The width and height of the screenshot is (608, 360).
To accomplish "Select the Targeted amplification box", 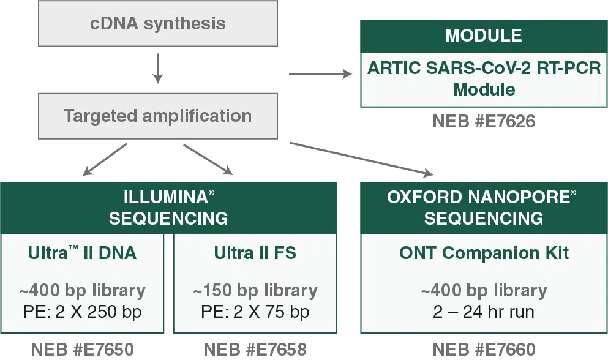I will pos(157,116).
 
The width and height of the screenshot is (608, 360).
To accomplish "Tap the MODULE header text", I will pos(483,36).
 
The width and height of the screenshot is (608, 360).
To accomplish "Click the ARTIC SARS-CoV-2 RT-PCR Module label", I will pos(483,78).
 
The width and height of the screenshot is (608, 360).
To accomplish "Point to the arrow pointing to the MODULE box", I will pos(321,73).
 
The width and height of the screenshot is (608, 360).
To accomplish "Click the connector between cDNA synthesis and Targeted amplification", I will pos(159,69).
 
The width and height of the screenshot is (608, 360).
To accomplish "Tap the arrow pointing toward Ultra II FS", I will pos(208,157).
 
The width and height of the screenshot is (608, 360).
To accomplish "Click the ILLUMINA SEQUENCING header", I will pos(168,208).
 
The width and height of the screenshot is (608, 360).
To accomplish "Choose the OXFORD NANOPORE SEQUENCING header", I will pos(483,208).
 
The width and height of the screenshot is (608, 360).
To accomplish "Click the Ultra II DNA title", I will pos(82,253).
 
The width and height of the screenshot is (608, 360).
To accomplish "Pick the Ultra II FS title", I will pos(255,253).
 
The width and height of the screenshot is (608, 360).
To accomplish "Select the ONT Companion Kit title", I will pos(484,253).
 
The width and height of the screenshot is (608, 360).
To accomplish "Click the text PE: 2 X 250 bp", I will pos(82,312).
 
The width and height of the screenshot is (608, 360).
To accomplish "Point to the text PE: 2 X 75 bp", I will pos(255,312).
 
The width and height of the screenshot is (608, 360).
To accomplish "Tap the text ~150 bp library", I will pos(255,290).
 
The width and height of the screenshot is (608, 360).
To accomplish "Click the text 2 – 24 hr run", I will pos(484,312).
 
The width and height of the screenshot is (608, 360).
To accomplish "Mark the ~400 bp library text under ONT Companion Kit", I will pos(484,290).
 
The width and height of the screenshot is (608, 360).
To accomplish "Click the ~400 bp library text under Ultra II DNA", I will pos(82,290).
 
